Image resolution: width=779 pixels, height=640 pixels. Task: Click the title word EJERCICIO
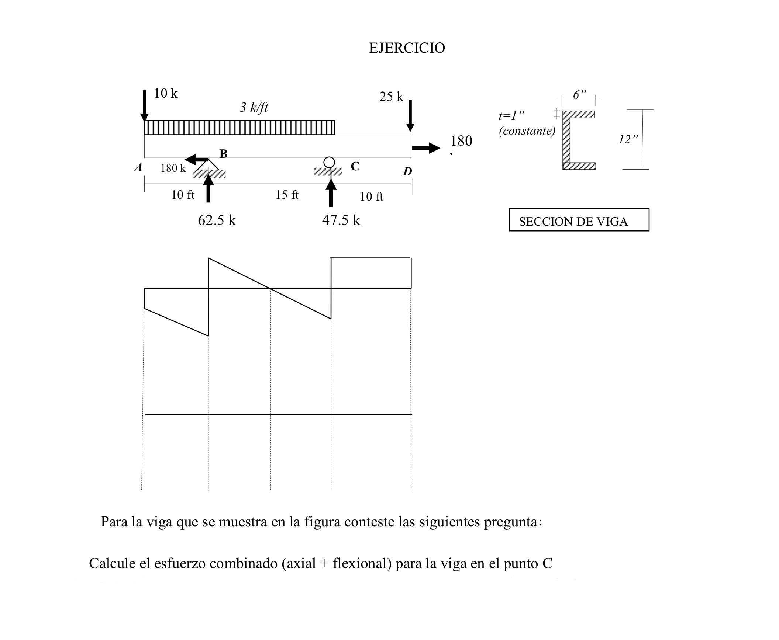click(x=407, y=48)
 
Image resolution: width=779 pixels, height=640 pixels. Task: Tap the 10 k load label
click(x=166, y=94)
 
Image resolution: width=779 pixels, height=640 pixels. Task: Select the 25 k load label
click(x=391, y=97)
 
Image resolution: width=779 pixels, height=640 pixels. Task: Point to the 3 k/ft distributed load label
click(x=254, y=108)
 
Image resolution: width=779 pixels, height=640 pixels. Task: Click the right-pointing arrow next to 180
click(x=426, y=148)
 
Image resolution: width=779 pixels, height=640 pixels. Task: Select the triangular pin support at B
click(x=208, y=165)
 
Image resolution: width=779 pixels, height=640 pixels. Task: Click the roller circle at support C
click(x=329, y=162)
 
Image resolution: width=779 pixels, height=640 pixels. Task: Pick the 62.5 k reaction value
click(x=217, y=220)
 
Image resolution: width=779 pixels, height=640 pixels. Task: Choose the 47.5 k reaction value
click(x=341, y=220)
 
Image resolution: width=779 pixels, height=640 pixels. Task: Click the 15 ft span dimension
click(x=287, y=195)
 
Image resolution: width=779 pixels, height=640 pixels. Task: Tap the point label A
click(x=138, y=168)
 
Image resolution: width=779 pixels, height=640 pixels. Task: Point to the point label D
click(x=407, y=171)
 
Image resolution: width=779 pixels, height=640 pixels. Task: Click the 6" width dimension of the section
click(x=579, y=95)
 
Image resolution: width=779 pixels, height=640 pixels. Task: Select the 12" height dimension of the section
click(x=628, y=139)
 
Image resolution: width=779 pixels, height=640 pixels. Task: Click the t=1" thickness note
click(x=511, y=116)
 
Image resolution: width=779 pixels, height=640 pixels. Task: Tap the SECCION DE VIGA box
click(x=579, y=220)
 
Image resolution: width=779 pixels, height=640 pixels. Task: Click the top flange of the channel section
click(x=579, y=114)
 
